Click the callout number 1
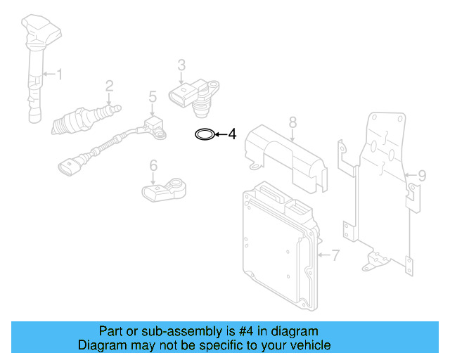(x=60, y=73)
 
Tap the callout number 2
(x=110, y=86)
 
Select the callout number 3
(x=181, y=65)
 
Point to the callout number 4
(x=233, y=134)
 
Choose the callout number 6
(x=153, y=166)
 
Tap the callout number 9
(x=422, y=174)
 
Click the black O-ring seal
(x=205, y=134)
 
